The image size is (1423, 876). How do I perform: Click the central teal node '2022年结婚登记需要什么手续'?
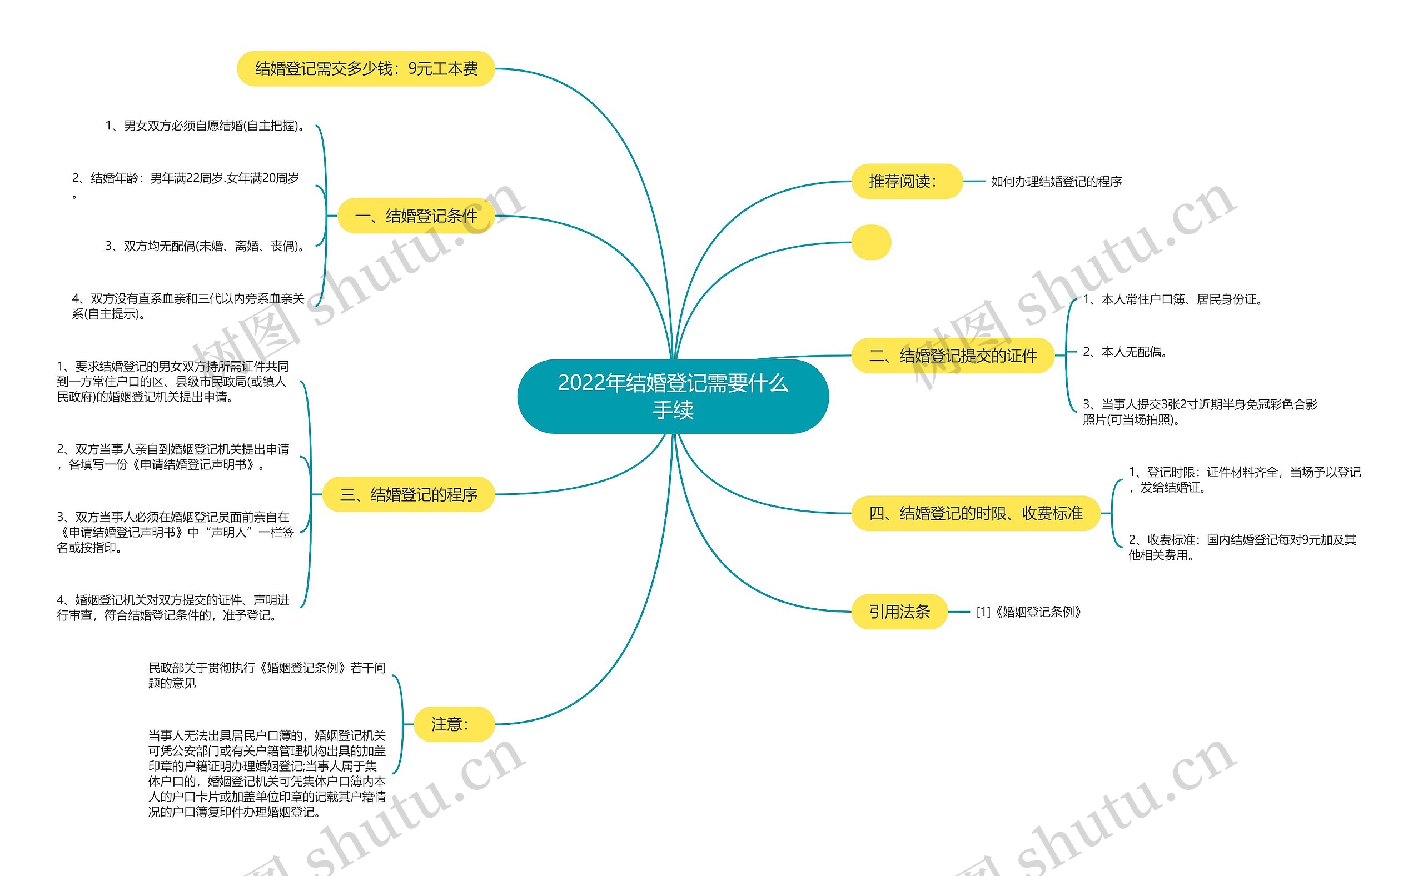click(673, 396)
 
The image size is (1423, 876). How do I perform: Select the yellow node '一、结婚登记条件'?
click(416, 216)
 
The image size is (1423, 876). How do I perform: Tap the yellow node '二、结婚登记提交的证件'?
click(952, 355)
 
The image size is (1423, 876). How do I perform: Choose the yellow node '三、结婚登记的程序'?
click(408, 494)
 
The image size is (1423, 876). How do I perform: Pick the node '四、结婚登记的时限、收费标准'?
click(975, 513)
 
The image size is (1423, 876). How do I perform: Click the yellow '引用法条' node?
click(899, 611)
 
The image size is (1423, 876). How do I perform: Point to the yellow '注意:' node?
click(450, 724)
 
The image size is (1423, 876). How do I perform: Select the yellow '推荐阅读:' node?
click(907, 181)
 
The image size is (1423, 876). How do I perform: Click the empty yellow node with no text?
click(870, 242)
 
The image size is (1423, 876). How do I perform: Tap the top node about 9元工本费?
click(366, 69)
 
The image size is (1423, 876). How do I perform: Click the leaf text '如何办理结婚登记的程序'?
click(1056, 181)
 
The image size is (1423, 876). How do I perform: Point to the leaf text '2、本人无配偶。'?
click(1125, 352)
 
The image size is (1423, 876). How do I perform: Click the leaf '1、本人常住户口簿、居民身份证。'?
click(1173, 299)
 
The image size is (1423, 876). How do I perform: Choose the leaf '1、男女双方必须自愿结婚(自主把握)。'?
click(206, 126)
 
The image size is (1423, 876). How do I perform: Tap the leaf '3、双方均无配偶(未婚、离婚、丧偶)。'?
click(206, 246)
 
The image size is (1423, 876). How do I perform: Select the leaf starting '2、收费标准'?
click(1242, 548)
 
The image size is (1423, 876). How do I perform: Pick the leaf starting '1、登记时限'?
click(1245, 480)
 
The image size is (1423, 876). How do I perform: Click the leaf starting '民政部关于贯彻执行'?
click(267, 675)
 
